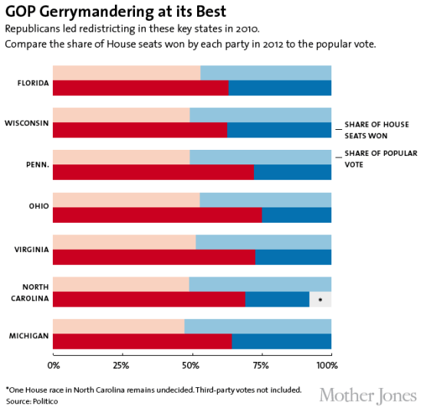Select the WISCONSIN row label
pyautogui.click(x=27, y=123)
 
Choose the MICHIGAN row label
pyautogui.click(x=28, y=336)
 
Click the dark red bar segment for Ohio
pyautogui.click(x=157, y=215)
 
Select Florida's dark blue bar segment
pyautogui.click(x=280, y=88)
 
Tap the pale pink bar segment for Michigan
pyautogui.click(x=119, y=326)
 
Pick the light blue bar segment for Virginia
pyautogui.click(x=263, y=241)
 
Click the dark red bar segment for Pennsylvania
pyautogui.click(x=153, y=172)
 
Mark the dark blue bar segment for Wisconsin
pyautogui.click(x=279, y=130)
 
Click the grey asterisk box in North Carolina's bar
pyautogui.click(x=321, y=300)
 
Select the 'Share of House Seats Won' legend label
pyautogui.click(x=377, y=129)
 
